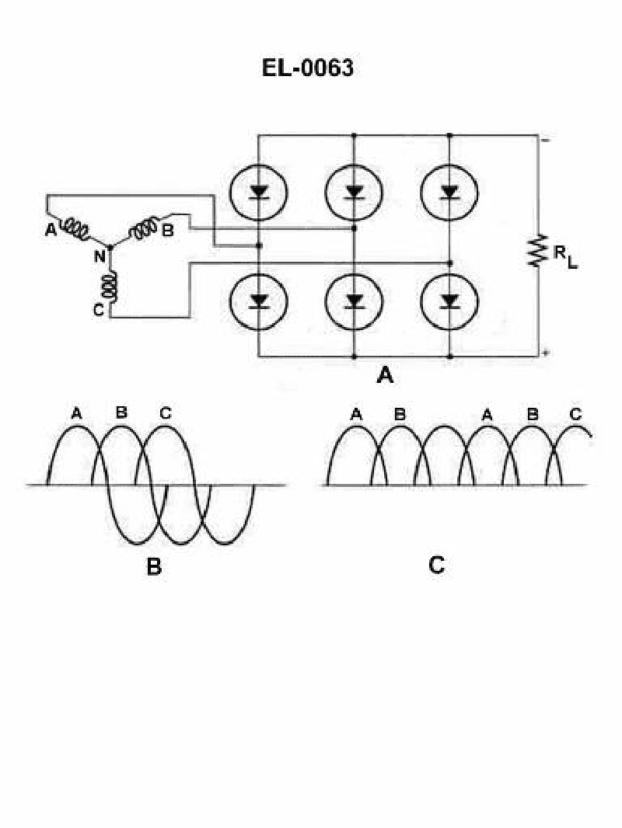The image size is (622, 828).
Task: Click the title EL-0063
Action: point(307,68)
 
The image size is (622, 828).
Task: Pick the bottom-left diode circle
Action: point(259,300)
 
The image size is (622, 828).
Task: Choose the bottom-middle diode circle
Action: point(354,300)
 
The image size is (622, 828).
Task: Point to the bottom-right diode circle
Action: point(449,300)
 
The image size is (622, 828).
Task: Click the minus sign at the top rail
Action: point(547,141)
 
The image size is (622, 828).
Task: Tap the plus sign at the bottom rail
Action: point(547,353)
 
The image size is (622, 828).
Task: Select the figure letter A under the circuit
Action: point(385,377)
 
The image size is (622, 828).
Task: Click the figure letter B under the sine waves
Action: point(154,567)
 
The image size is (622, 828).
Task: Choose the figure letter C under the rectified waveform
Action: point(437,565)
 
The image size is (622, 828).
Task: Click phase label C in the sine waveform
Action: point(165,412)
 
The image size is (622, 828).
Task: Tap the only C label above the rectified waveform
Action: point(575,415)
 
